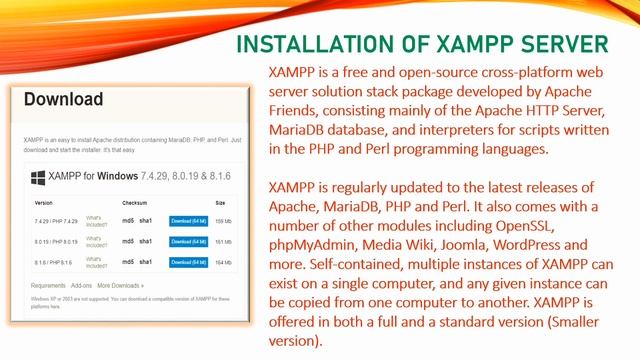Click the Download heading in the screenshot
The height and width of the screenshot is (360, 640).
(x=64, y=100)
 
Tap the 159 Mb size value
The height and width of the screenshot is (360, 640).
(x=222, y=219)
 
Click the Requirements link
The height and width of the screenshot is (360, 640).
(x=48, y=286)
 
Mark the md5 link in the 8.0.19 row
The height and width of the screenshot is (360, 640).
(x=128, y=241)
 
